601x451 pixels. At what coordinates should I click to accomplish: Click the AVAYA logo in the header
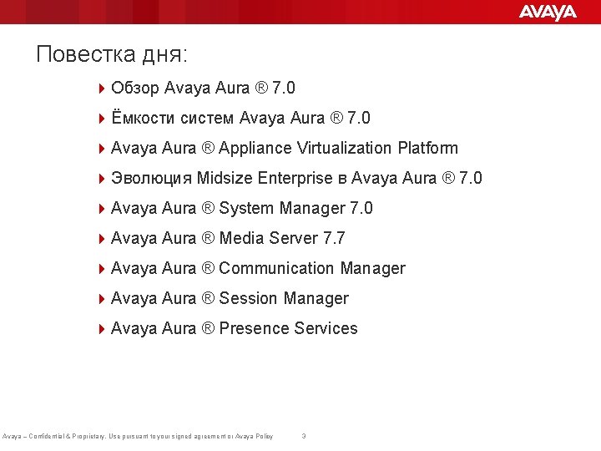(x=548, y=12)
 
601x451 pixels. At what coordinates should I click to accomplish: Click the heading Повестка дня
(x=112, y=55)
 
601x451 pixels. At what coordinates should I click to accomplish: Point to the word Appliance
(x=255, y=149)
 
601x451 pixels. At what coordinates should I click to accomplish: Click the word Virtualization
(x=345, y=148)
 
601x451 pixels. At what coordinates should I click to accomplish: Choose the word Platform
(x=428, y=148)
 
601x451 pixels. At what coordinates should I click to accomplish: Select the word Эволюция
(x=151, y=178)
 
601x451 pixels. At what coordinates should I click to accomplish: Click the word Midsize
(x=226, y=178)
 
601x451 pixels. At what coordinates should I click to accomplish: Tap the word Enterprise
(x=295, y=178)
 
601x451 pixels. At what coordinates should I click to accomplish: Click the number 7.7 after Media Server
(x=334, y=238)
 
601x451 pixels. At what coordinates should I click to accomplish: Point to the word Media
(x=241, y=238)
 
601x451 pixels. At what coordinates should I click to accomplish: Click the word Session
(x=248, y=298)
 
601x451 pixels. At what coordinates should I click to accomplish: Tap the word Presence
(x=254, y=328)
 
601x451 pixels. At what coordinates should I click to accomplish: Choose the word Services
(x=326, y=328)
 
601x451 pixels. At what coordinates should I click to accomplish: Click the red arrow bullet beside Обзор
(x=102, y=88)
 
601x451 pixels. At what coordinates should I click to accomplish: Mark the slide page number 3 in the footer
(x=304, y=436)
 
